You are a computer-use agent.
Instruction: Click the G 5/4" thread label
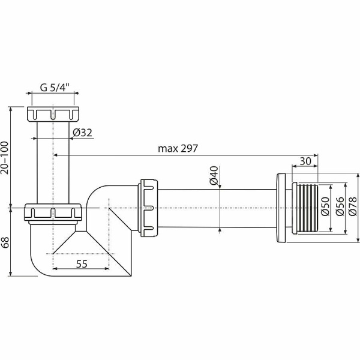pos(55,87)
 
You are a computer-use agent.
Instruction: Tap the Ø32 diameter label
pos(82,133)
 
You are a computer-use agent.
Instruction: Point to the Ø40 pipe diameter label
pos(213,176)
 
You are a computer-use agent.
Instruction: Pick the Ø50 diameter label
pos(325,207)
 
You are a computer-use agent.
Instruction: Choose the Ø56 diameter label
pos(340,207)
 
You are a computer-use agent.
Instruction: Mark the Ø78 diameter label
pos(354,207)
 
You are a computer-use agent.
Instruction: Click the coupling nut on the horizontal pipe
pos(148,201)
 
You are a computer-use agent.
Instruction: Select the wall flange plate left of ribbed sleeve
pos(281,208)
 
